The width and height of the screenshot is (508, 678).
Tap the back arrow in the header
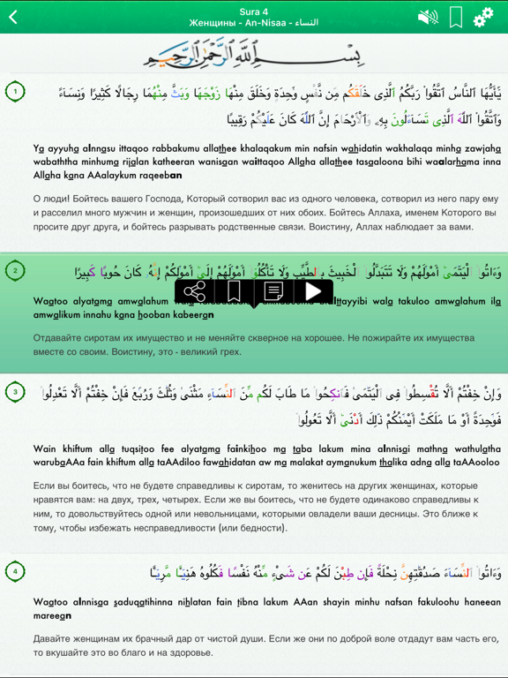(x=14, y=18)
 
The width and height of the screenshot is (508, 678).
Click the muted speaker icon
(x=428, y=18)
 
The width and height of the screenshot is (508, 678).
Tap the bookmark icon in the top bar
(x=456, y=18)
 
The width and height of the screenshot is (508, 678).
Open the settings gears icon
(x=483, y=18)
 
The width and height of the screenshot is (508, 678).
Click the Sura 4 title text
(x=254, y=9)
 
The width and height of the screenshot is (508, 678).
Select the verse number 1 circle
(x=15, y=90)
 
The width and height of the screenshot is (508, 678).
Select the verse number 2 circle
(x=15, y=270)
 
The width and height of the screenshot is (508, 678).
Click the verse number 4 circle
(x=15, y=572)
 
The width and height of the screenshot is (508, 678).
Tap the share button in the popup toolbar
(x=196, y=291)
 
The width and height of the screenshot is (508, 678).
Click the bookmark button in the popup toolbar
(x=235, y=291)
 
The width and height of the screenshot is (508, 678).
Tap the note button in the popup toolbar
(x=273, y=291)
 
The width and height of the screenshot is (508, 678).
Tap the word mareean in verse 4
(x=54, y=615)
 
